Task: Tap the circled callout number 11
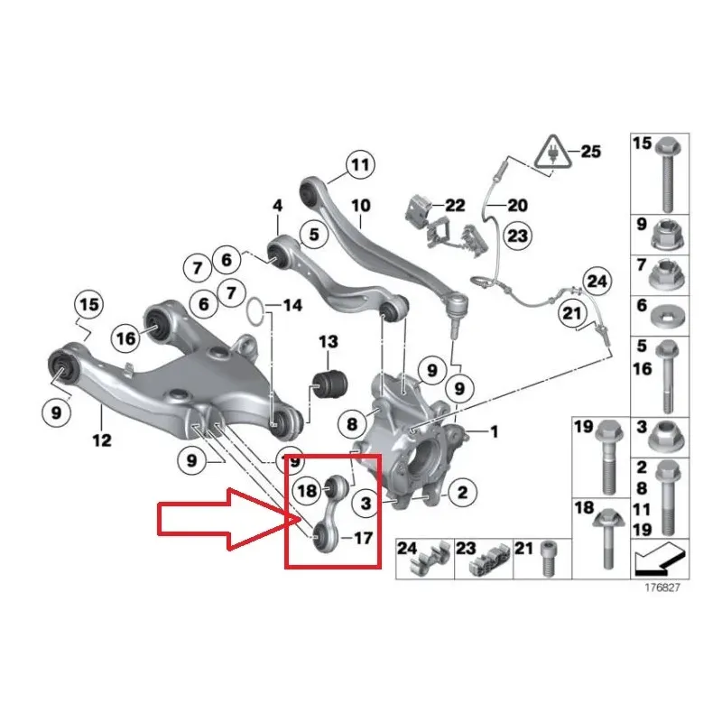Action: pos(360,164)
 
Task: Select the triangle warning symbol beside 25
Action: pos(553,153)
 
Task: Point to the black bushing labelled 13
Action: pos(329,383)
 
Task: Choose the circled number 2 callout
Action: pos(462,492)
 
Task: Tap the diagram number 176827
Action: pos(662,588)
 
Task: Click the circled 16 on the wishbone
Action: pos(125,338)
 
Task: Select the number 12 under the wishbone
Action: pos(102,440)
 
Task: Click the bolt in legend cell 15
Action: pos(669,173)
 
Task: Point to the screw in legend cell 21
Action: pos(547,558)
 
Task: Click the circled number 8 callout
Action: pos(352,424)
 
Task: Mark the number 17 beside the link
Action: pos(363,538)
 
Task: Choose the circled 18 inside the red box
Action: pos(307,491)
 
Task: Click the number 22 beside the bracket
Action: pos(455,206)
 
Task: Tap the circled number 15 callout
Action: pos(88,304)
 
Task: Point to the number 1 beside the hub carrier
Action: pos(494,432)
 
